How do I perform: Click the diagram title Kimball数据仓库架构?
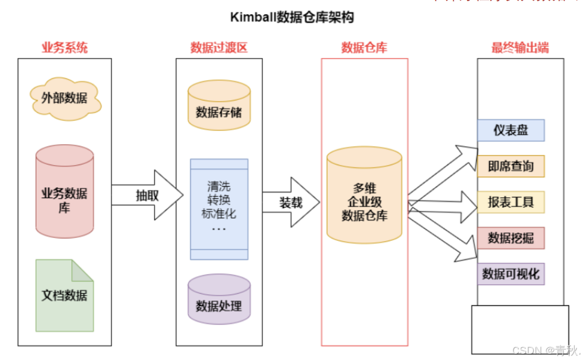point(292,18)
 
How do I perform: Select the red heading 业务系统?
point(65,47)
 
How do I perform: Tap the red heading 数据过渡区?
point(219,47)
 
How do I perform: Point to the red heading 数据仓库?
point(364,47)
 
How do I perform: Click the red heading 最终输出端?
point(520,47)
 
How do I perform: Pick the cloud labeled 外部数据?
point(65,99)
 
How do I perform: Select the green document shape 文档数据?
point(65,295)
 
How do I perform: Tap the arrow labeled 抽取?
point(148,195)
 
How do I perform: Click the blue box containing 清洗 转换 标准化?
point(219,209)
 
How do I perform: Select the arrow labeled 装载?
point(291,202)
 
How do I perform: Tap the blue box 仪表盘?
point(511,130)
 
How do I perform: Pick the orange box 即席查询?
point(511,166)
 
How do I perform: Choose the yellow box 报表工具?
point(511,202)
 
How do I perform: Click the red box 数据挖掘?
point(511,238)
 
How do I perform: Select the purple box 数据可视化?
point(511,274)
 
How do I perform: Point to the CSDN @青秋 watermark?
point(546,351)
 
